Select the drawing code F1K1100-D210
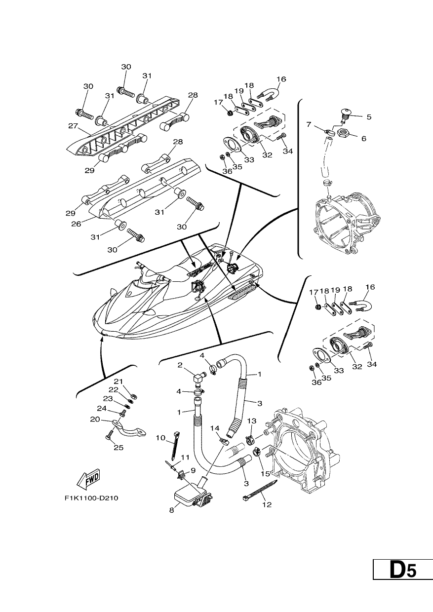coord(91,498)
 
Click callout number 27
coord(73,126)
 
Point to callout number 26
coord(76,224)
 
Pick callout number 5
coord(369,117)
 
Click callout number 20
coord(95,427)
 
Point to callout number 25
coord(118,448)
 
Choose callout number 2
coord(180,365)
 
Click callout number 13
coord(252,421)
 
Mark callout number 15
coord(265,473)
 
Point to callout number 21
coord(118,381)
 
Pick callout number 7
coord(309,124)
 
